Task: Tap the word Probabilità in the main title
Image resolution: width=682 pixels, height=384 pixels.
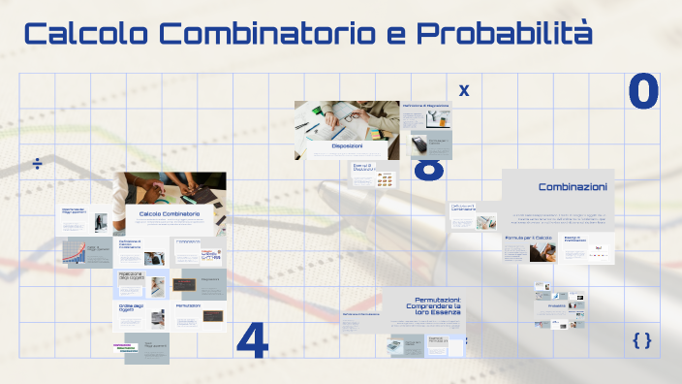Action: [504, 34]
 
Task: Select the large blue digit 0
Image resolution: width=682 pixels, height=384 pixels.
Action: [643, 91]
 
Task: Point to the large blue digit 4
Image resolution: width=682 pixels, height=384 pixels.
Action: [252, 340]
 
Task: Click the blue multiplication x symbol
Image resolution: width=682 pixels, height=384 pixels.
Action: [464, 90]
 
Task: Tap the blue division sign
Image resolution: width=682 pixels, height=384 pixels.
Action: [38, 162]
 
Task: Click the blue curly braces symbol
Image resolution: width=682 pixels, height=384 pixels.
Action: [641, 339]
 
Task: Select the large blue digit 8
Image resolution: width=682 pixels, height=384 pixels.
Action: [429, 171]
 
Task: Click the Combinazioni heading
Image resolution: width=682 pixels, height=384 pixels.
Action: [573, 187]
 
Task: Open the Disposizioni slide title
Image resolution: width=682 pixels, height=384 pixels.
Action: [347, 146]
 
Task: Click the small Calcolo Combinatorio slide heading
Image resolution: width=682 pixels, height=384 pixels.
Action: [170, 213]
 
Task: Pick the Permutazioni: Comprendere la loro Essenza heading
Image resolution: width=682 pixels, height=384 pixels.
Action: [424, 305]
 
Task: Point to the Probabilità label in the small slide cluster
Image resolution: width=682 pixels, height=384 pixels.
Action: [556, 306]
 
